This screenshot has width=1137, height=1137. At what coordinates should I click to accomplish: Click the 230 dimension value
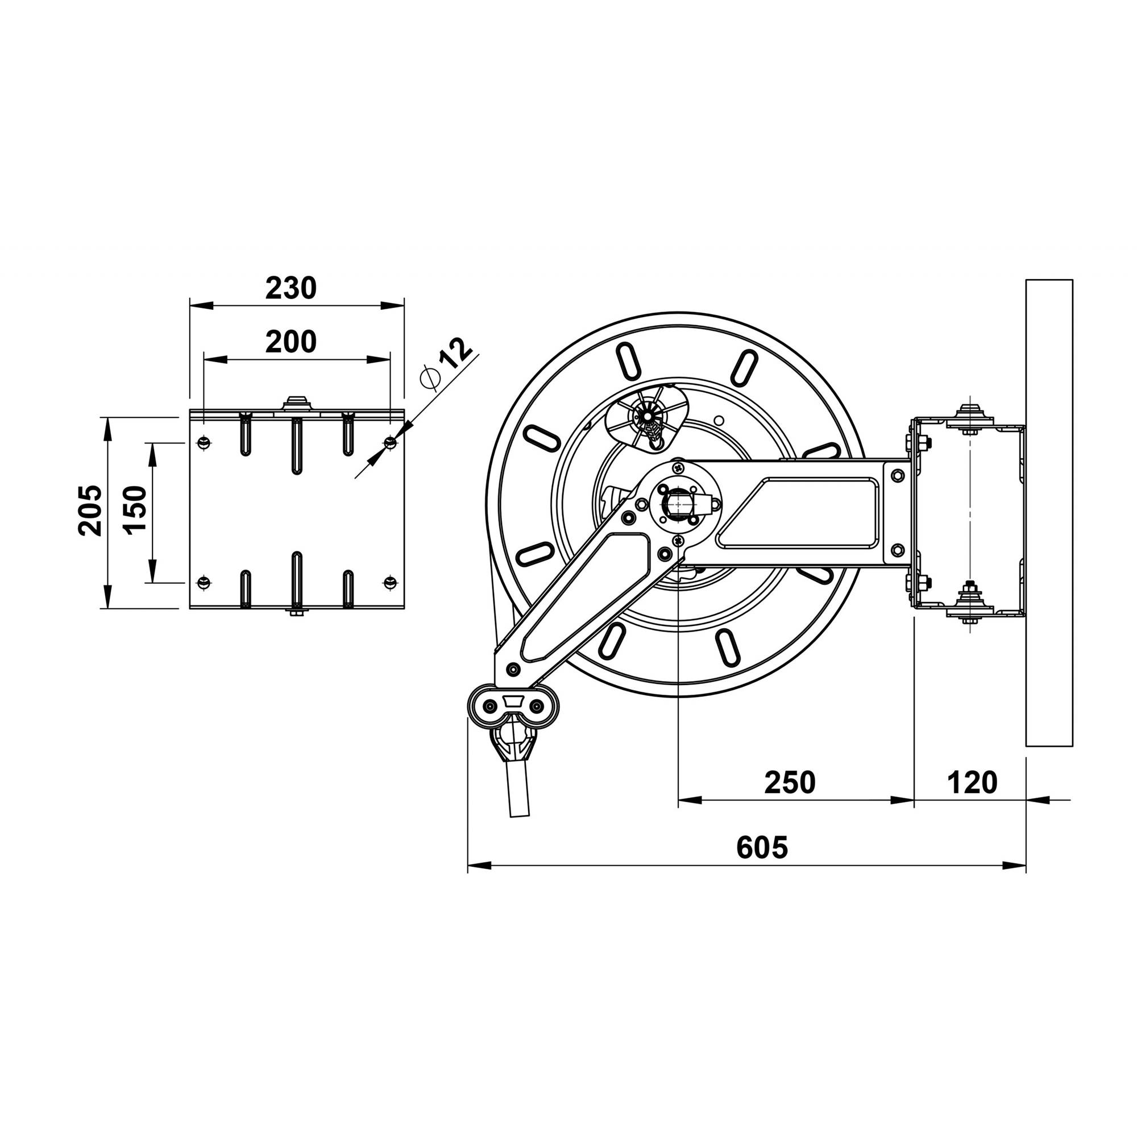pos(291,288)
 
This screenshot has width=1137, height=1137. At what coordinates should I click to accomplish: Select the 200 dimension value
pos(291,342)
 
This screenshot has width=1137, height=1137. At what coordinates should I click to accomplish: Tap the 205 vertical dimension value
pos(90,511)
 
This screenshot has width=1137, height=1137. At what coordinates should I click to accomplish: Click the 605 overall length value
pos(762,848)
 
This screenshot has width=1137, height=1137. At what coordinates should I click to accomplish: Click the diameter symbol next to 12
pos(429,379)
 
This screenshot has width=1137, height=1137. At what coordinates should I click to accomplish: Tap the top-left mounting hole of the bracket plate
pos(204,442)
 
